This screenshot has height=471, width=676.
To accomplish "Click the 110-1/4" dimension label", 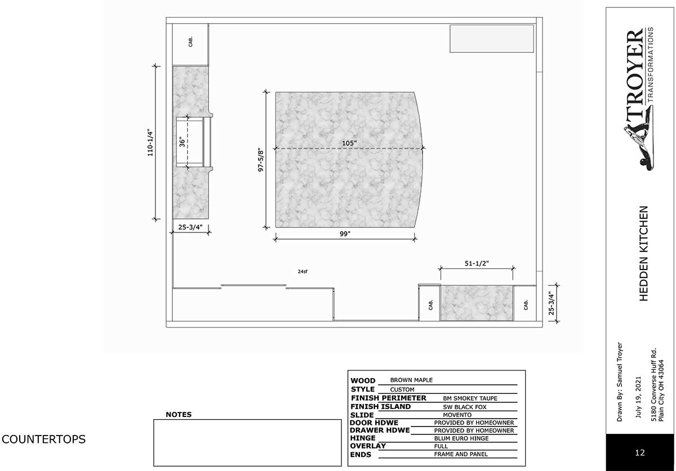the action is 150,143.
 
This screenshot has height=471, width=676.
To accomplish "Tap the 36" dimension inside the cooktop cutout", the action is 182,142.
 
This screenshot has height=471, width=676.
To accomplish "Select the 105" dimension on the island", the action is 349,143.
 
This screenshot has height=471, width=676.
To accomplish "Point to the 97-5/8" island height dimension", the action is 260,160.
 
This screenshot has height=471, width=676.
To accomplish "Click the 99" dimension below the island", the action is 345,234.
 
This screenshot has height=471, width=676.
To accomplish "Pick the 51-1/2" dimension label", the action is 477,263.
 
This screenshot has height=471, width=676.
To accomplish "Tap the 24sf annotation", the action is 303,271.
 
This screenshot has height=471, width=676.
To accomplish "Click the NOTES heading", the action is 179,415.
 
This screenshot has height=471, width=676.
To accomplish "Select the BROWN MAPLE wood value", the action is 411,380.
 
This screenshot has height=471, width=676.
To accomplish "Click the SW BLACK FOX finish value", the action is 465,407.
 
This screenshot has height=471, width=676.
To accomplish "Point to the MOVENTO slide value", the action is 457,415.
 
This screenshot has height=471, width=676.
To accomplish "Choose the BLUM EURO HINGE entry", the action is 461,438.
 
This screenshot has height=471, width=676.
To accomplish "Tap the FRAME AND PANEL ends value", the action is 461,454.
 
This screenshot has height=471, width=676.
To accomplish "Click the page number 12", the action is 640,452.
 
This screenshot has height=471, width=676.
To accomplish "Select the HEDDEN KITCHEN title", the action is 644,253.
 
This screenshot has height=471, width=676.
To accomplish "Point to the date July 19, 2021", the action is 638,397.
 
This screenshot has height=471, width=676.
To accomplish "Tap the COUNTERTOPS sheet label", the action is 44,439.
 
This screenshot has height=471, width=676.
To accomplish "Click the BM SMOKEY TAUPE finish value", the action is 470,398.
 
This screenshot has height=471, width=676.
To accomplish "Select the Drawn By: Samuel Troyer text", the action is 620,382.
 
